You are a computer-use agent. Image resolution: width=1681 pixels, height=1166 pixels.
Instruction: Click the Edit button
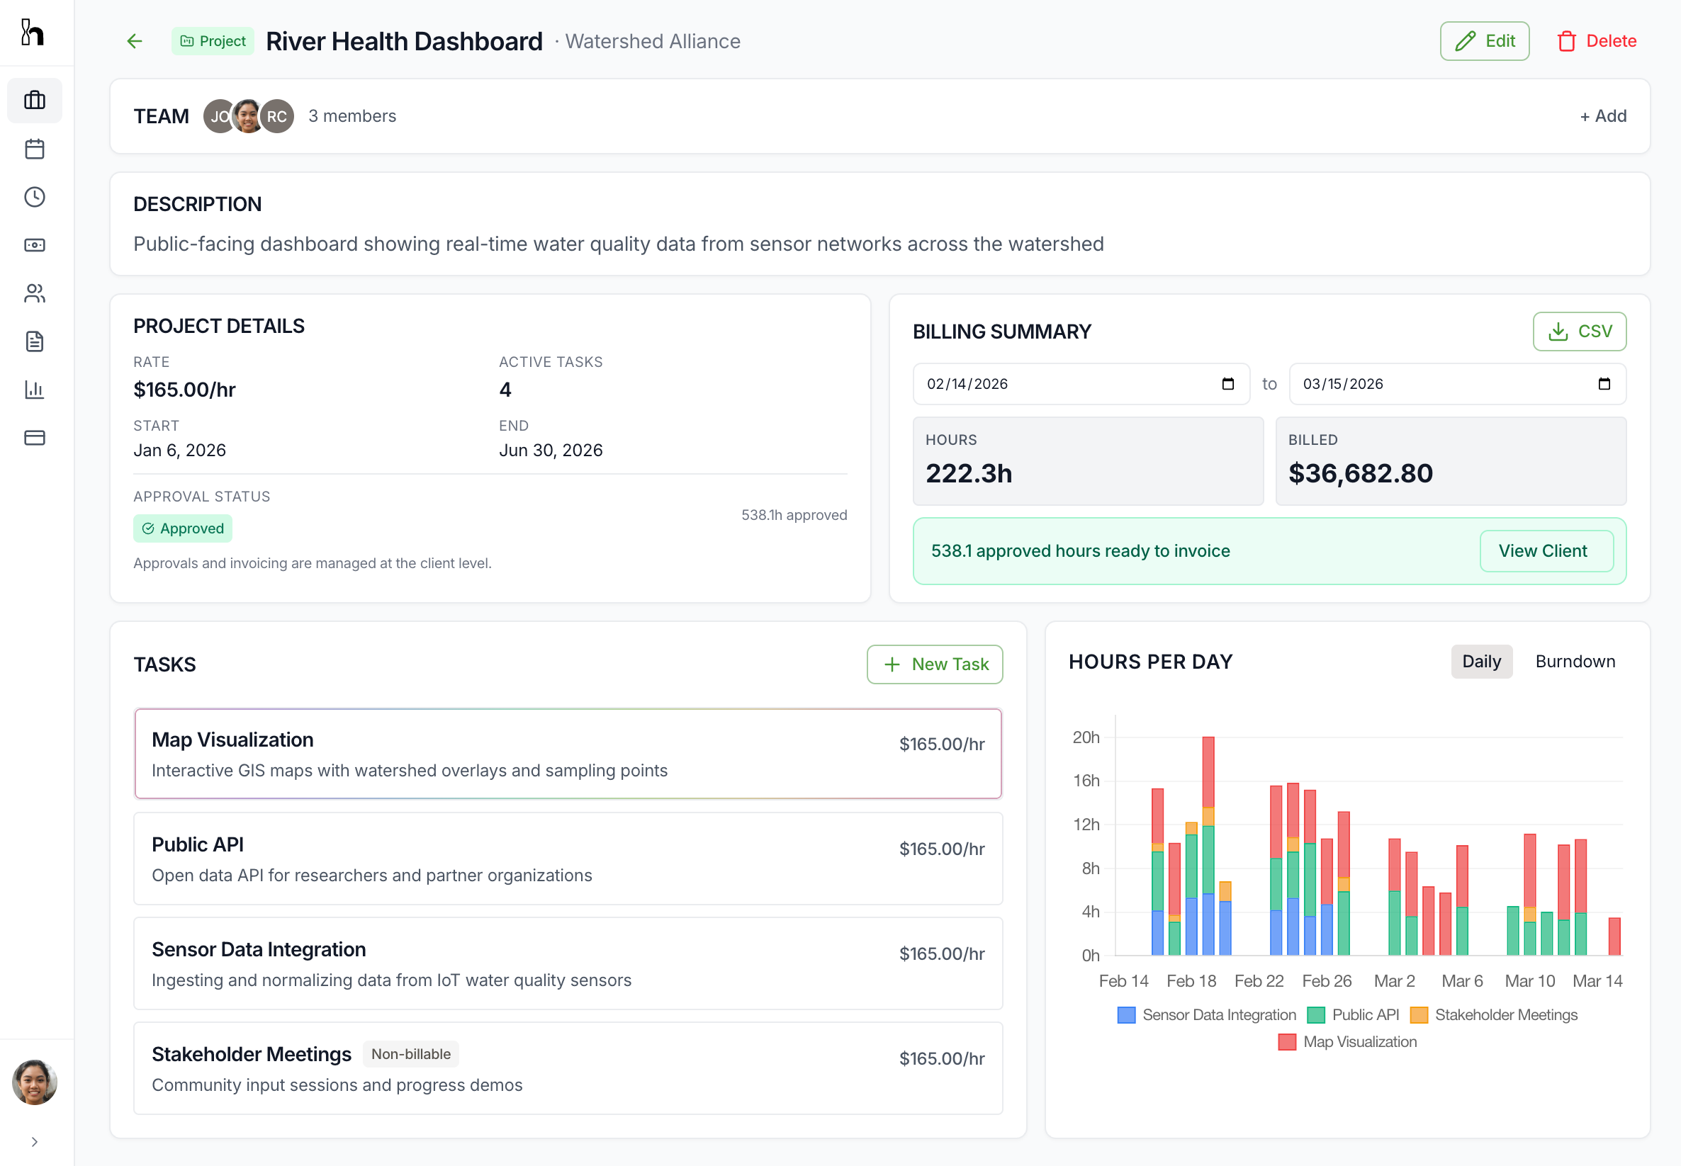click(1484, 41)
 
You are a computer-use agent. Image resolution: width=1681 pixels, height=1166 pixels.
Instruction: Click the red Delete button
click(1596, 41)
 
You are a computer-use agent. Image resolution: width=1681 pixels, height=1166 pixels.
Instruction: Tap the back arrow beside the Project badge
click(135, 41)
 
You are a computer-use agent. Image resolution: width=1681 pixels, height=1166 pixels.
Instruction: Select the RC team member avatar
click(277, 116)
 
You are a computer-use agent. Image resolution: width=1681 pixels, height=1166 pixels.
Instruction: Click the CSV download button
click(1579, 331)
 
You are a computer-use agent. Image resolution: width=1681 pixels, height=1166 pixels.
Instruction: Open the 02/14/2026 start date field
click(1067, 383)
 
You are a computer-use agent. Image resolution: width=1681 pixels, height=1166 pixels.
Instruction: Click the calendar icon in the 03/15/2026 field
click(1604, 383)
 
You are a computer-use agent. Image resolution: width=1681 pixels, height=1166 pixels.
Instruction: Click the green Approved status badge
click(183, 528)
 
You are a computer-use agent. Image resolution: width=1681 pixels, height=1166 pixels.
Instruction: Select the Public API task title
click(197, 844)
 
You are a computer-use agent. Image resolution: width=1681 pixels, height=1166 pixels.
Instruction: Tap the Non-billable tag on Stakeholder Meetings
click(411, 1054)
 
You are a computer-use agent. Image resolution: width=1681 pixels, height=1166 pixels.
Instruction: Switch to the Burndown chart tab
click(1574, 661)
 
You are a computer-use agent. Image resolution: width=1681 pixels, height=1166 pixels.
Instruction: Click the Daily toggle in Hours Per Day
click(1480, 661)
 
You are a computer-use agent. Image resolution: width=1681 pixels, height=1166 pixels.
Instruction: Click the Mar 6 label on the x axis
click(1462, 981)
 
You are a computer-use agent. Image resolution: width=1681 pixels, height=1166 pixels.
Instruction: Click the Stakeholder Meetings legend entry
click(1494, 1015)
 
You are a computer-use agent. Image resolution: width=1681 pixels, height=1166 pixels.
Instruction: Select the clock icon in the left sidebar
click(34, 197)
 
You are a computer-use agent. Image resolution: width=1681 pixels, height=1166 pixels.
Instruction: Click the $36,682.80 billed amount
click(1360, 473)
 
